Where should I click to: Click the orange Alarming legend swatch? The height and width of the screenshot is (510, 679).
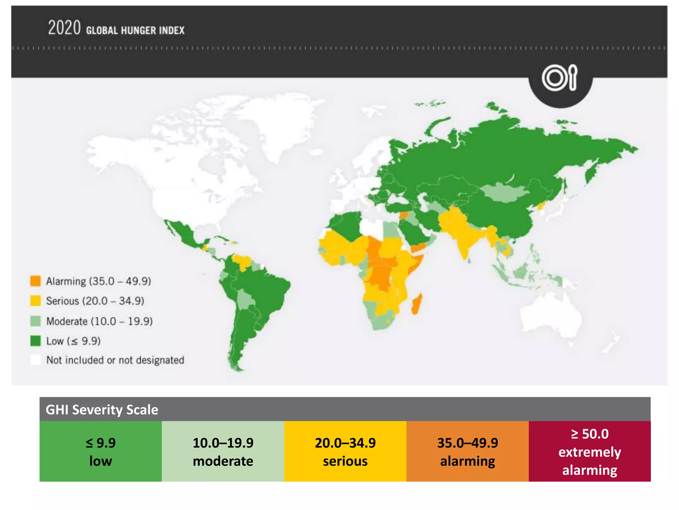pyautogui.click(x=35, y=281)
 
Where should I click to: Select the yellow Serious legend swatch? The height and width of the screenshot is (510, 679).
pyautogui.click(x=35, y=301)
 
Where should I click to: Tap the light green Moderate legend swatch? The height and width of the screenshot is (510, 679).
pyautogui.click(x=35, y=321)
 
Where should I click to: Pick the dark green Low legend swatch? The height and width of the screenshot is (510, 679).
pyautogui.click(x=35, y=341)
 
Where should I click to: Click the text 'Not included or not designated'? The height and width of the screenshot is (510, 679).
pyautogui.click(x=115, y=360)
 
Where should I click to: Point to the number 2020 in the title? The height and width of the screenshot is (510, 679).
pyautogui.click(x=64, y=28)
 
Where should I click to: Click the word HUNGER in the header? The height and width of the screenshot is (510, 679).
pyautogui.click(x=138, y=31)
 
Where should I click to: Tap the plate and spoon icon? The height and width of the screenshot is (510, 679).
pyautogui.click(x=560, y=78)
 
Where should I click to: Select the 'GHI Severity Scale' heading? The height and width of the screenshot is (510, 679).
pyautogui.click(x=102, y=410)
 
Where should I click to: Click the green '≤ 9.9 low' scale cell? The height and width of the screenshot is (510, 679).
pyautogui.click(x=100, y=452)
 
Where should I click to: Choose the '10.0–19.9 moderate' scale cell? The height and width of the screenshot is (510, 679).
pyautogui.click(x=223, y=452)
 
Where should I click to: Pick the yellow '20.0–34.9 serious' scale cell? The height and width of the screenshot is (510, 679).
pyautogui.click(x=345, y=452)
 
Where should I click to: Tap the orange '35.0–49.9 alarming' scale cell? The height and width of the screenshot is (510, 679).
pyautogui.click(x=467, y=452)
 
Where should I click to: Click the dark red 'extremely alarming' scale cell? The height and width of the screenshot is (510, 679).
pyautogui.click(x=589, y=452)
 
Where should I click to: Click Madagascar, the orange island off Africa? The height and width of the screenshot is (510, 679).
pyautogui.click(x=417, y=304)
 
